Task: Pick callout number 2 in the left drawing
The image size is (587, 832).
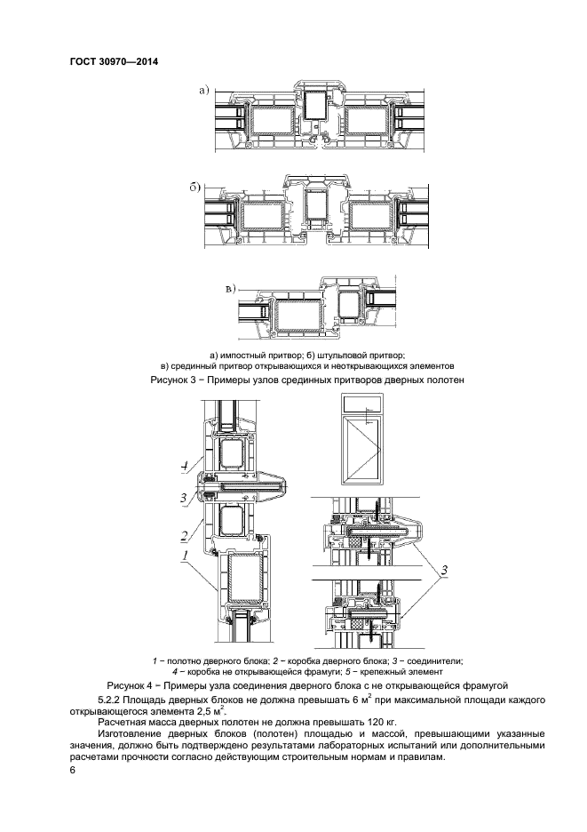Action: click(182, 536)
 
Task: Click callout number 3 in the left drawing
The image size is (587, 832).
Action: click(183, 499)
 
